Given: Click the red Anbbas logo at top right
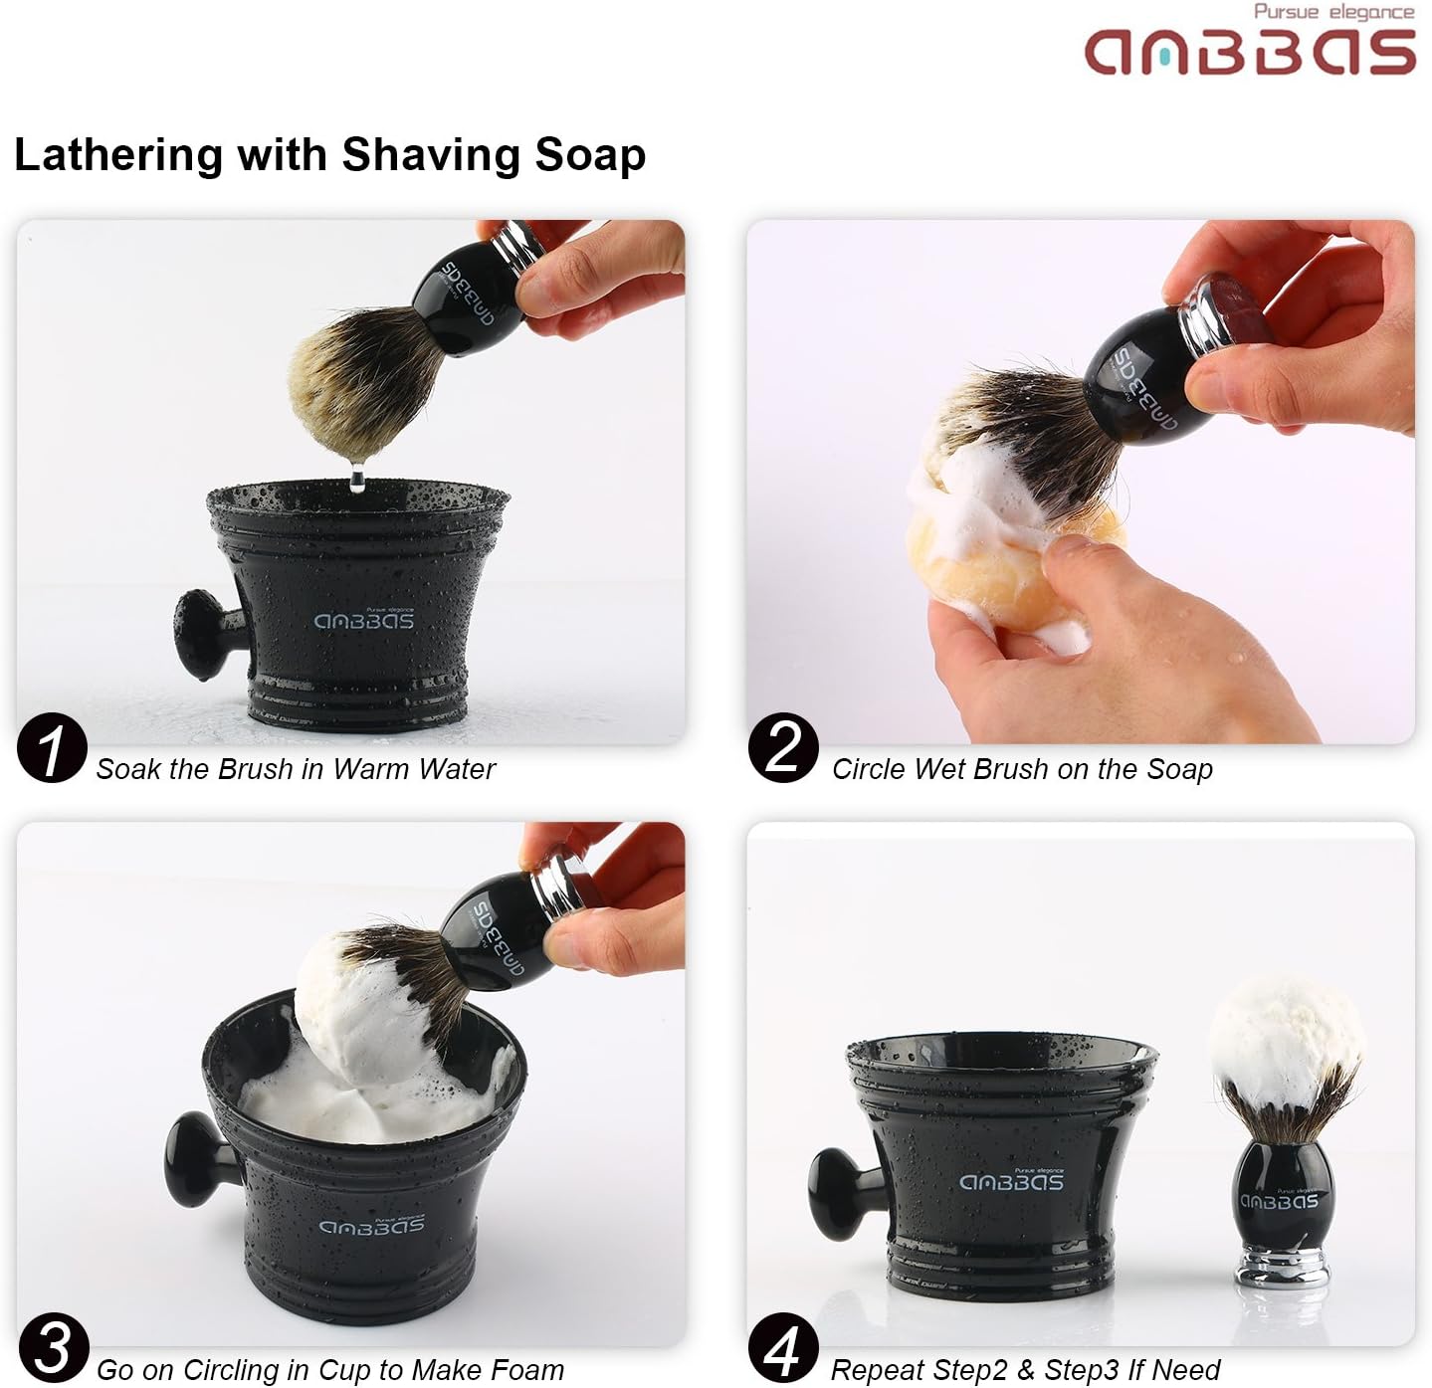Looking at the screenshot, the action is pos(1250,53).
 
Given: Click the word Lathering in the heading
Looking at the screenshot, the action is pos(118,155).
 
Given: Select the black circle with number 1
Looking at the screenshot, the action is pos(52,747).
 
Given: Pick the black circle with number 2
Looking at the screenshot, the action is pos(783,747).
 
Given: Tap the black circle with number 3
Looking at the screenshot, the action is pos(53,1347).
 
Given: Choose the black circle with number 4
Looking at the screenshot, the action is pos(783,1347).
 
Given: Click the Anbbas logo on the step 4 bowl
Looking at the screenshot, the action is pos(1012,1181).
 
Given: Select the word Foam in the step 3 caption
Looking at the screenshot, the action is pos(526,1370).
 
